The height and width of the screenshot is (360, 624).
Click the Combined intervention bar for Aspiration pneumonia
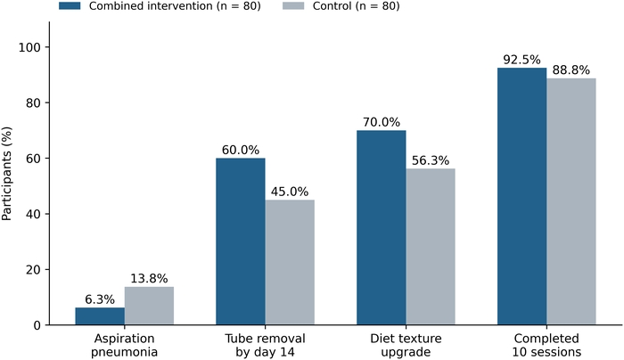click(x=100, y=315)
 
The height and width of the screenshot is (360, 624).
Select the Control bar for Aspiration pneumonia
click(x=149, y=306)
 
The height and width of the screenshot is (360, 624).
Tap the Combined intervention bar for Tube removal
click(x=241, y=241)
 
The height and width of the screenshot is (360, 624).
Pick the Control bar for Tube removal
click(x=290, y=263)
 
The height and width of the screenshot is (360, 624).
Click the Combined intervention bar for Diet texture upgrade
click(x=382, y=227)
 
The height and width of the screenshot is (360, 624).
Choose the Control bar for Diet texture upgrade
click(x=431, y=247)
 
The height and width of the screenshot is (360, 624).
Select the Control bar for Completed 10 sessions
click(x=571, y=201)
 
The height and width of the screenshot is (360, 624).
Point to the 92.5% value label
click(x=521, y=60)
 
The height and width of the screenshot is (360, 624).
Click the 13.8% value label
click(x=149, y=278)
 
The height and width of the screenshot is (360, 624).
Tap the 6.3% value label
click(x=100, y=299)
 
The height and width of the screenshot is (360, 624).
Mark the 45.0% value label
click(x=290, y=192)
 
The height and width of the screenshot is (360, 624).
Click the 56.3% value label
click(x=431, y=160)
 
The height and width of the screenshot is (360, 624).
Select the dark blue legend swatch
click(x=70, y=6)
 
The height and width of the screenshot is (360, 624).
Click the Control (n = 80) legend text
click(x=357, y=6)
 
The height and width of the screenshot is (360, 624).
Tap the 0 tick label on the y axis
click(x=37, y=325)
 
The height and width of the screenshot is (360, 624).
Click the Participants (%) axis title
click(x=6, y=174)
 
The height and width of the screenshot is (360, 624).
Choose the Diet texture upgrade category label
click(x=406, y=345)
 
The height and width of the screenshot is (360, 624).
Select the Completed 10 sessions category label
click(x=546, y=345)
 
